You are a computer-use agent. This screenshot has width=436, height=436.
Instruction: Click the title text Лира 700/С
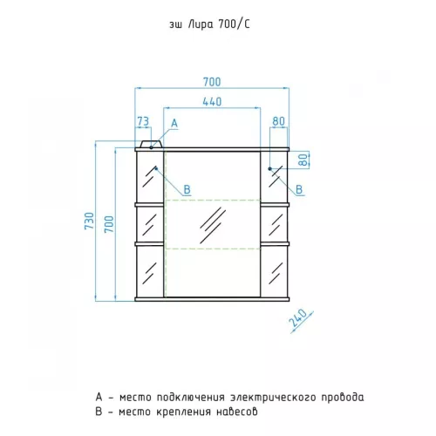pos(219,24)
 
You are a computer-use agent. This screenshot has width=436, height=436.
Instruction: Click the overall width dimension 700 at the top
pos(212,82)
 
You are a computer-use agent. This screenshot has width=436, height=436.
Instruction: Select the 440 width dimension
pos(212,102)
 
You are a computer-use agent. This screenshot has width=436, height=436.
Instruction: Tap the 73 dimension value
pos(143,121)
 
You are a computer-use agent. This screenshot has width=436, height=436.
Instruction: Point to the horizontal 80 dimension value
pos(278,121)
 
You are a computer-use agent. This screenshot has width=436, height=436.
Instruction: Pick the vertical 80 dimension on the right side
pos(303,160)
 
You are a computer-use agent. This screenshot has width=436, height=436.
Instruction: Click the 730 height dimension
pos(90,221)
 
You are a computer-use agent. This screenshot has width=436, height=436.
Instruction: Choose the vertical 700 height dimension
pos(109,224)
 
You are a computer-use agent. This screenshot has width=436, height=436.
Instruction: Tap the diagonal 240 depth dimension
pos(297,318)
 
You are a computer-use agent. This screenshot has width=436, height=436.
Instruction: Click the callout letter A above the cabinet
pos(174,123)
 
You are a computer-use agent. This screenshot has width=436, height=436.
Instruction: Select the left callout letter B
pos(187,190)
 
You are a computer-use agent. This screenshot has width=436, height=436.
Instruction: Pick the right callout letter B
pos(299,190)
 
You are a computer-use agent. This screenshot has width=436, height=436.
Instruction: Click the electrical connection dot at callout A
pos(151,147)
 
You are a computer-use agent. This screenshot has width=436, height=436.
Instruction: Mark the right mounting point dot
pos(269,168)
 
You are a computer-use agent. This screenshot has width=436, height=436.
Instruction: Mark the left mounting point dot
pos(156,168)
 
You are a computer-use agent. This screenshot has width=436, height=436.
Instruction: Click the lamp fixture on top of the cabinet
pos(151,144)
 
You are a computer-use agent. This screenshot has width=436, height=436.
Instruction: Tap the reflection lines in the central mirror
pos(213,225)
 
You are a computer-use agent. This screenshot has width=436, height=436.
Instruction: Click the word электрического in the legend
pos(273,397)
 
